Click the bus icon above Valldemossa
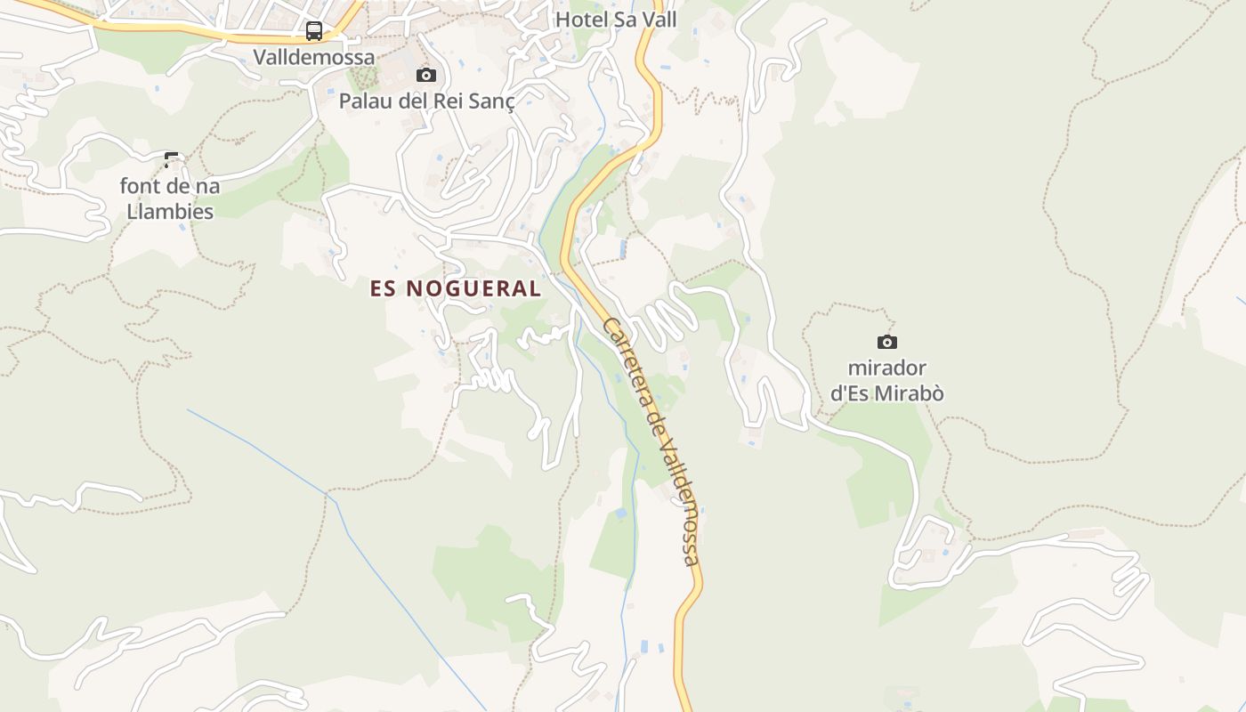point(314,31)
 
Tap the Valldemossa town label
point(314,57)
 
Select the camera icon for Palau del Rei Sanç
point(426,76)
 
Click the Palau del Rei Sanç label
point(426,101)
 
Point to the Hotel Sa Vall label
point(616,20)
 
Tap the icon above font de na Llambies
point(171,161)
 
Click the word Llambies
point(170,212)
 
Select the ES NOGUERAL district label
point(456,288)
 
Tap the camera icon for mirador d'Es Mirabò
point(886,342)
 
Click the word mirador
point(887,368)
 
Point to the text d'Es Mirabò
point(887,393)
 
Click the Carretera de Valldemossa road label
point(651,440)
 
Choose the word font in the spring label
point(141,186)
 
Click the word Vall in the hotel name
point(659,20)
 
